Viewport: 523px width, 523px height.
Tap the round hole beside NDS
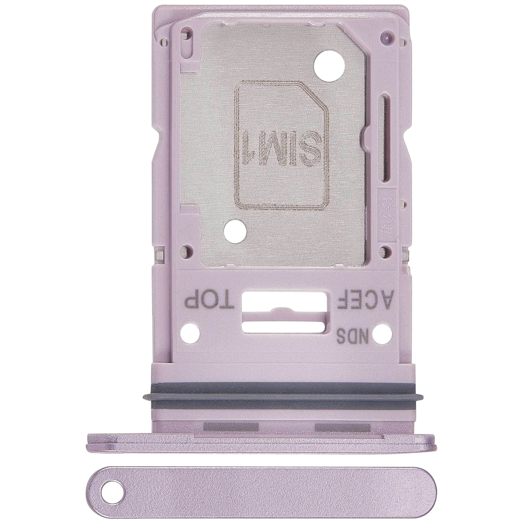382,334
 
